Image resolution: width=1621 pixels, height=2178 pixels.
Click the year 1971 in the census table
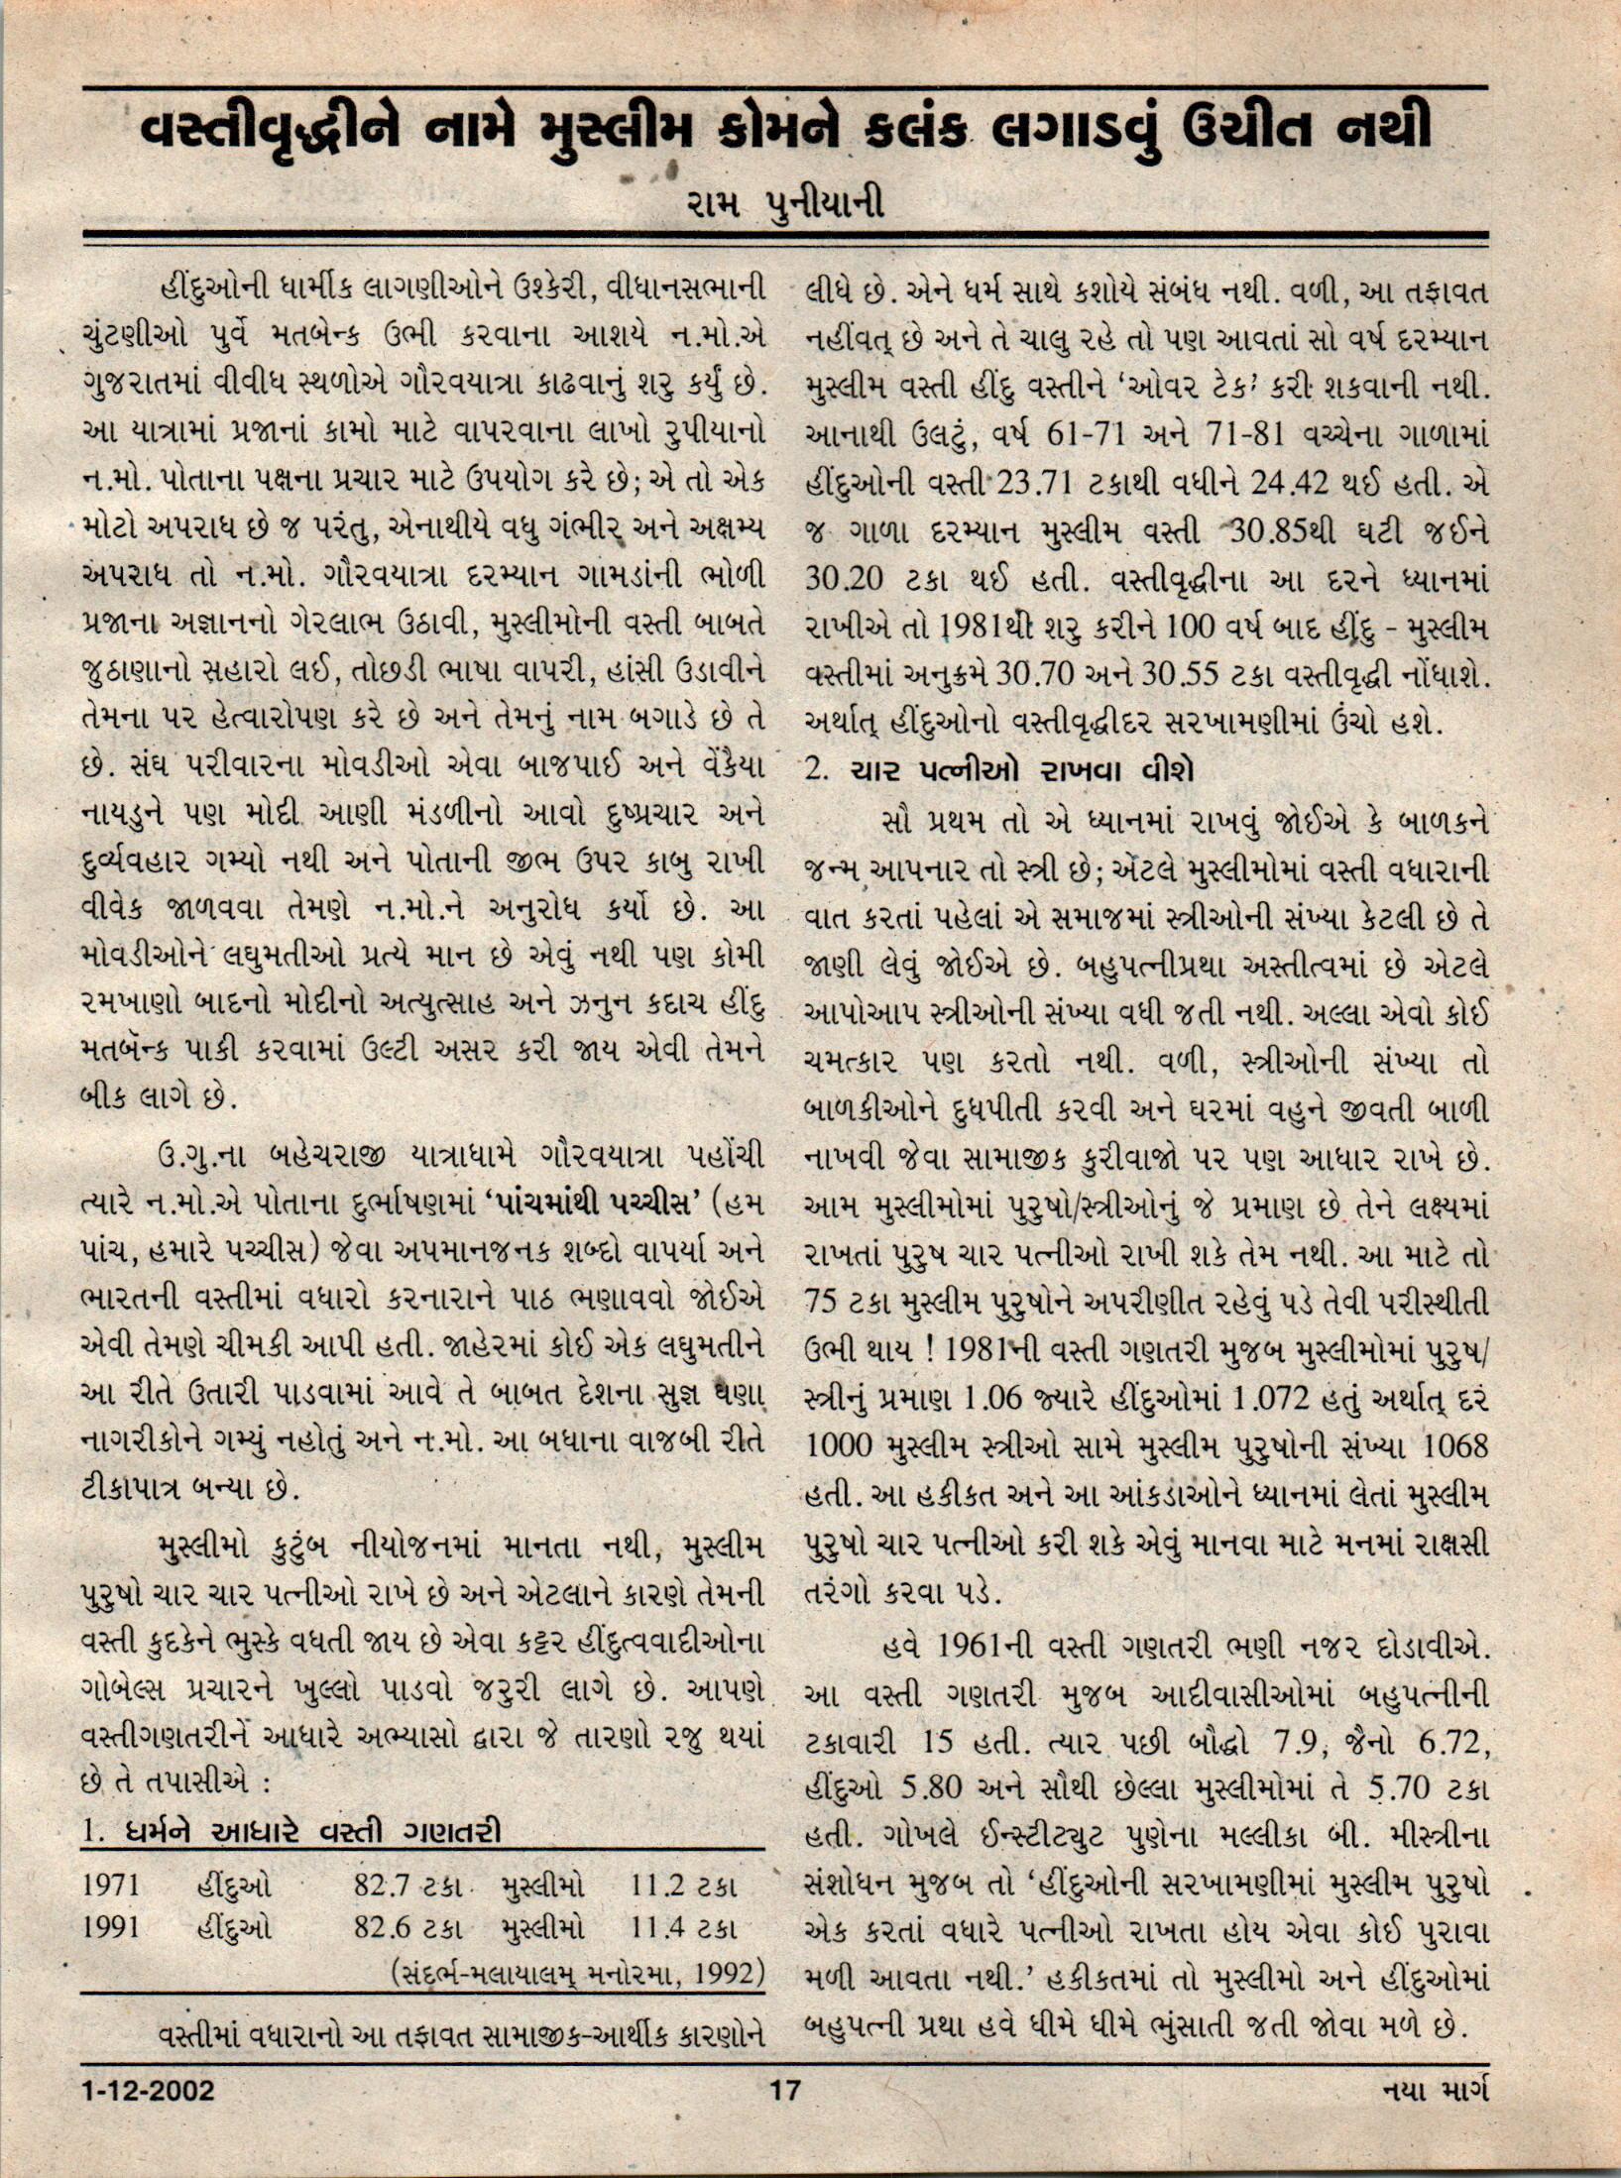(x=112, y=1885)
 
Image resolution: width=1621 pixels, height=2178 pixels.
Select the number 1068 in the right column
(x=1454, y=1446)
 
